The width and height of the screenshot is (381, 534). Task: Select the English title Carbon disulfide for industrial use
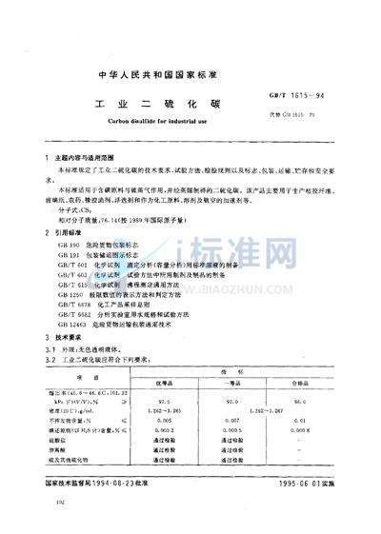[x=188, y=124]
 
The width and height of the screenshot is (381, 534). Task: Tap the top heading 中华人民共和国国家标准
[x=190, y=73]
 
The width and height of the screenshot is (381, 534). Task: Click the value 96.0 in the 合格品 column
[x=303, y=400]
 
